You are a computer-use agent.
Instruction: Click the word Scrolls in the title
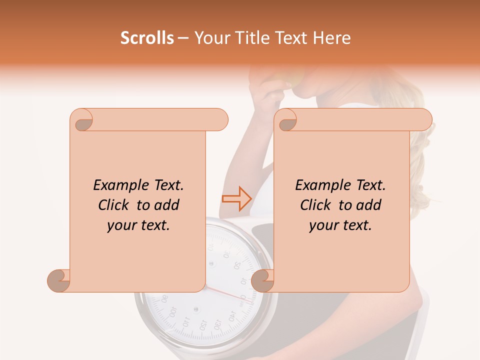[x=147, y=38]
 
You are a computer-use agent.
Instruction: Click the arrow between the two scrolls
[x=236, y=198]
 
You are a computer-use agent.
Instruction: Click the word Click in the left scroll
[x=114, y=205]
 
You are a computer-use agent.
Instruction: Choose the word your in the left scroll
[x=121, y=225]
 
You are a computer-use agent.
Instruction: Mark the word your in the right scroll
[x=323, y=225]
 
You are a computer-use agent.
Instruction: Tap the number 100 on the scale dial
[x=172, y=312]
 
